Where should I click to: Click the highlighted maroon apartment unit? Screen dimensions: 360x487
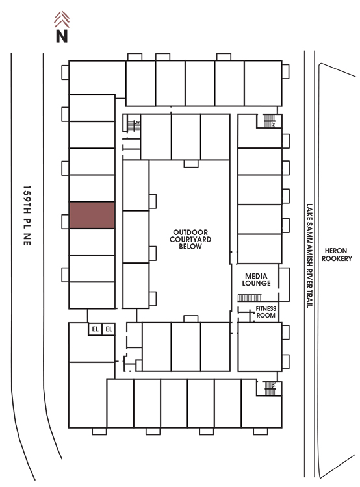[92, 215]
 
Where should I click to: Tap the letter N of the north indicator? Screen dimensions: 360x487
[62, 36]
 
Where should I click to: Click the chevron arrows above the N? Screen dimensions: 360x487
[62, 19]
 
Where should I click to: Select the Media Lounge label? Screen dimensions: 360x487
[256, 279]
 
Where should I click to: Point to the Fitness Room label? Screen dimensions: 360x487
[266, 312]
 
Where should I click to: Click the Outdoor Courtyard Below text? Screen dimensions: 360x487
[190, 239]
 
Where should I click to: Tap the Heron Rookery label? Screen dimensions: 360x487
[337, 255]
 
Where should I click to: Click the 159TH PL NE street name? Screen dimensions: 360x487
[27, 215]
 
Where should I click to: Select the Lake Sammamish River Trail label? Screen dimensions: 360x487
[309, 256]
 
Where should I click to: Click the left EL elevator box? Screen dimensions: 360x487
[95, 329]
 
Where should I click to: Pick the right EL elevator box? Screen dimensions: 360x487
[109, 329]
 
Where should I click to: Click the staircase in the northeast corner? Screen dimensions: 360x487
[270, 121]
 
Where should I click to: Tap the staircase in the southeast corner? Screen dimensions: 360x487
[270, 388]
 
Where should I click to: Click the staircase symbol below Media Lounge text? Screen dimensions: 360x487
[250, 298]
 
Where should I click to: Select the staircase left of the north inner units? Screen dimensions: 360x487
[134, 126]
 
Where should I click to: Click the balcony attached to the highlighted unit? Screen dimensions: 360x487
[65, 221]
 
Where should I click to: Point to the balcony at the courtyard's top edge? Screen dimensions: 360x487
[191, 164]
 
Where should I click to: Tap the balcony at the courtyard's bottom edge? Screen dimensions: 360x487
[191, 319]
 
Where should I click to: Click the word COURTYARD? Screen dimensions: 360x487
[190, 239]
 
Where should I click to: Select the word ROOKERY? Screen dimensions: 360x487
[337, 258]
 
